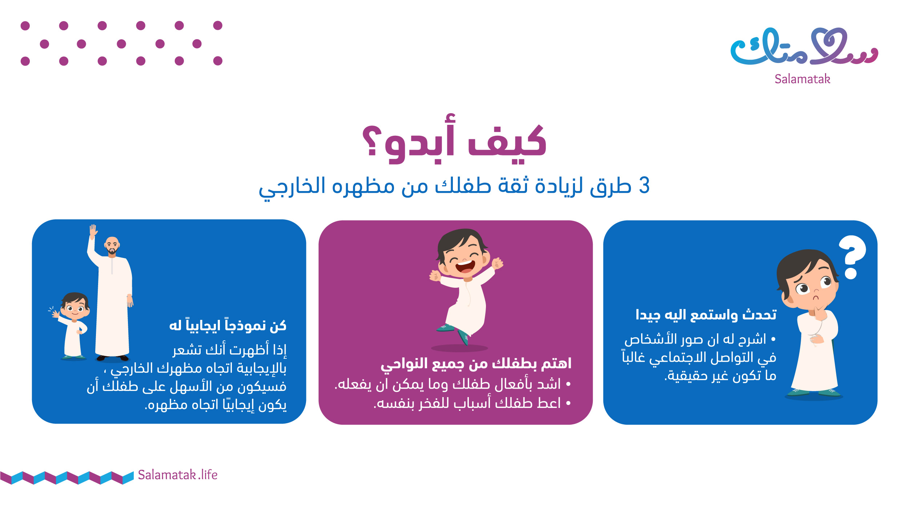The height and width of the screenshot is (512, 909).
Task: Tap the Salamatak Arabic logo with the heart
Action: pyautogui.click(x=804, y=47)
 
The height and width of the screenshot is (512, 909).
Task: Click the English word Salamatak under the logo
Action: pyautogui.click(x=803, y=79)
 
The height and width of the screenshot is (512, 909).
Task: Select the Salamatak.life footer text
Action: pyautogui.click(x=178, y=475)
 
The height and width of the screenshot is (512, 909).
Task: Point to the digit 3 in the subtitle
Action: pyautogui.click(x=644, y=186)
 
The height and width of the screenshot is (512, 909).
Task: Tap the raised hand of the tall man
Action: pyautogui.click(x=93, y=231)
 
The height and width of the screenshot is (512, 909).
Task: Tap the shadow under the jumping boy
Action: pyautogui.click(x=459, y=348)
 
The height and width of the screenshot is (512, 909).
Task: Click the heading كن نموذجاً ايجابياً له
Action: pyautogui.click(x=228, y=325)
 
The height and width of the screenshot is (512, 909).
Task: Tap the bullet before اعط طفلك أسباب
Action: pyautogui.click(x=568, y=403)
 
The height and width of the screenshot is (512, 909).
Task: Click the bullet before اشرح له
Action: pyautogui.click(x=773, y=339)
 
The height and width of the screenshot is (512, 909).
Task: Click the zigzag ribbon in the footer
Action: pyautogui.click(x=67, y=478)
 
